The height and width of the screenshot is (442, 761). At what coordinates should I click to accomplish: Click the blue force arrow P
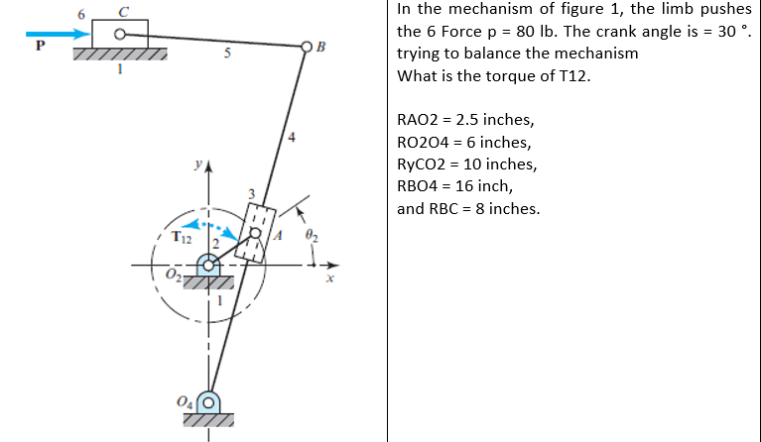point(56,35)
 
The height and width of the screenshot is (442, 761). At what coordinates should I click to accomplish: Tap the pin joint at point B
point(308,46)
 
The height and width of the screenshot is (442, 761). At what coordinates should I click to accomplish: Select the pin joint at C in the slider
point(121,35)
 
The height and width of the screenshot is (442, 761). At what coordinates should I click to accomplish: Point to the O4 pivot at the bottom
point(207,402)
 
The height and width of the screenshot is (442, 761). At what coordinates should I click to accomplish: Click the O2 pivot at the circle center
point(208,265)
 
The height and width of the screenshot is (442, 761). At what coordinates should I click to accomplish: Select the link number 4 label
point(291,135)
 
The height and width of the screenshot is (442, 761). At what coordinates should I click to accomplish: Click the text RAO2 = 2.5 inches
point(465,121)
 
